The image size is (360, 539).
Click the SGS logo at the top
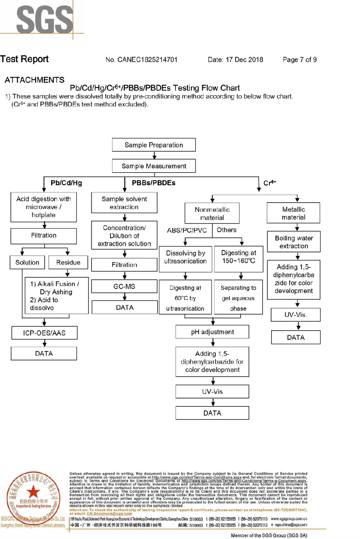coord(45,20)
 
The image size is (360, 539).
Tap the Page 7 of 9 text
coord(300,60)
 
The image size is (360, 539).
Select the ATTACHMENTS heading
coord(35,80)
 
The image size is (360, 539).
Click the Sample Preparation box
coord(154,145)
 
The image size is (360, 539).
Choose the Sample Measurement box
coord(154,166)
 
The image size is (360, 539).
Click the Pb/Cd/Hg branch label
coord(66,183)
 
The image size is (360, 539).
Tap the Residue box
coord(68,262)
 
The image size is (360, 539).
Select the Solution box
coord(27,262)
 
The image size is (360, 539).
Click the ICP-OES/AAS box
coord(44,333)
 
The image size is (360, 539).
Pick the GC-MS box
coord(124,286)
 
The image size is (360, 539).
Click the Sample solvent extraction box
coord(124,203)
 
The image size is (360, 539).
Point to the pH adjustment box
coord(212,332)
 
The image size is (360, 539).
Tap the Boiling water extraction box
coord(294,242)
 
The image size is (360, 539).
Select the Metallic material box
coord(293,213)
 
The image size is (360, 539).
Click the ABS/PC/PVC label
coord(187,230)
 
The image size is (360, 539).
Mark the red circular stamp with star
coord(33,497)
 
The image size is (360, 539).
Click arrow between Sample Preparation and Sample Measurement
coord(154,155)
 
